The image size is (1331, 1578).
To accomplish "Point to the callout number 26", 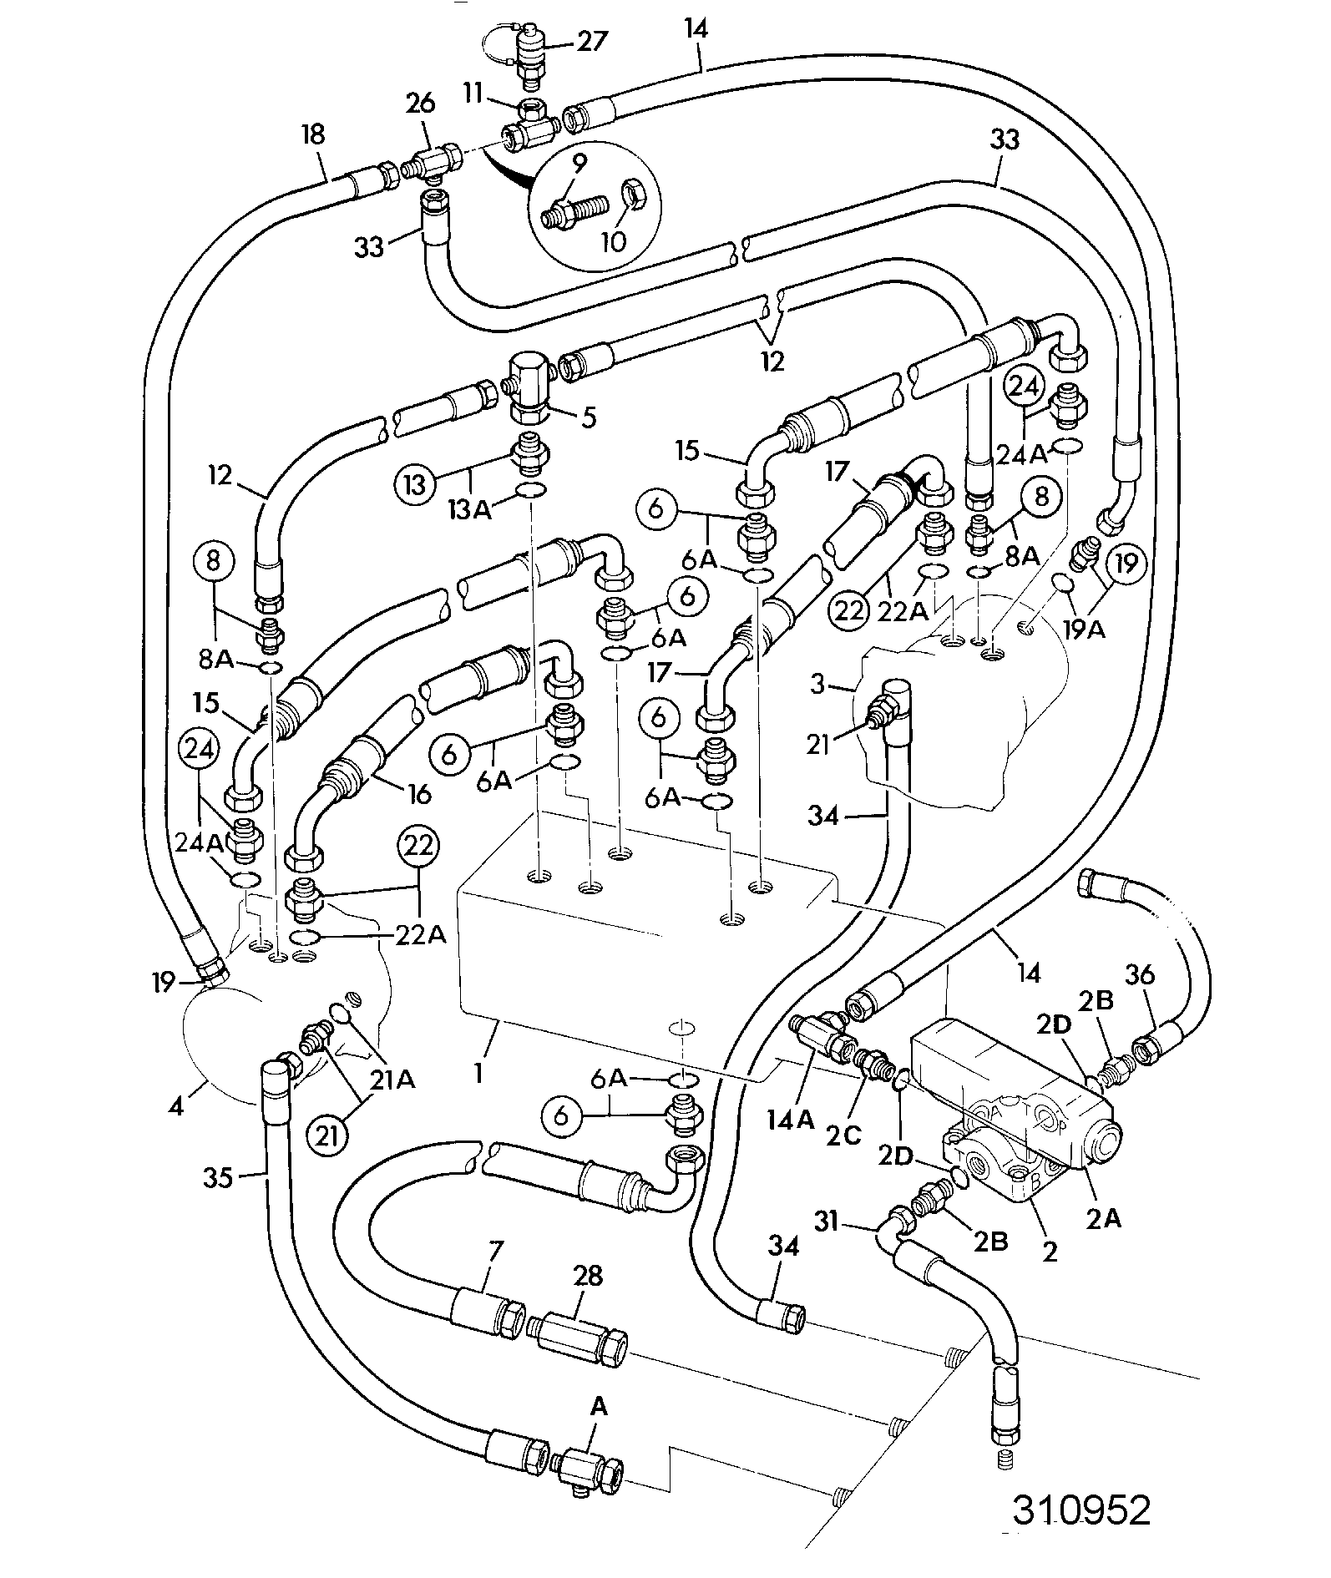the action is pyautogui.click(x=421, y=104).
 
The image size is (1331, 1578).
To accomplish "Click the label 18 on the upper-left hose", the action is pyautogui.click(x=314, y=134).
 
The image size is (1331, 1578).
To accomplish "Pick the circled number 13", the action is pyautogui.click(x=416, y=485).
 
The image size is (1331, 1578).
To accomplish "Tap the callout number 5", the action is pyautogui.click(x=590, y=417).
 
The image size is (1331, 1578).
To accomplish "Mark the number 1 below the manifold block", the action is pyautogui.click(x=479, y=1072).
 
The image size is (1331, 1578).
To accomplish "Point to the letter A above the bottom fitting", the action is pyautogui.click(x=600, y=1408).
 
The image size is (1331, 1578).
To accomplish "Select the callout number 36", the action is pyautogui.click(x=1140, y=974).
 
